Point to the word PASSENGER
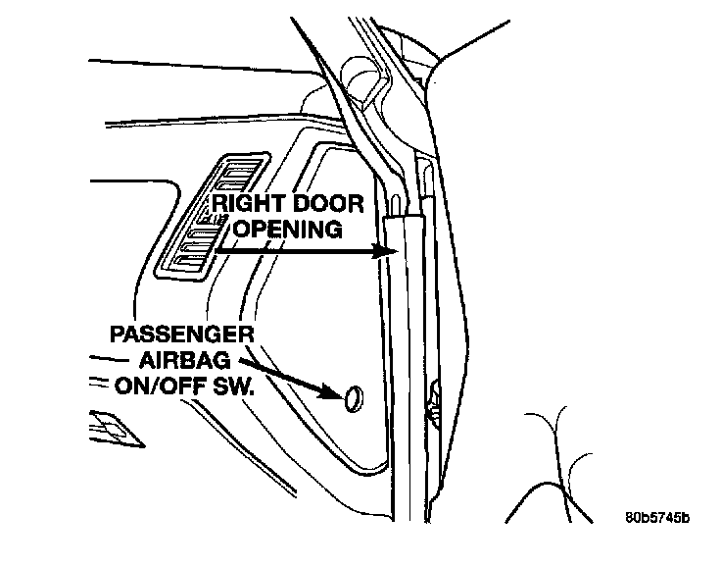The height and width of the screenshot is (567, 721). (x=182, y=335)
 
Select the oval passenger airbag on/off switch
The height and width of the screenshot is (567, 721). (x=352, y=397)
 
